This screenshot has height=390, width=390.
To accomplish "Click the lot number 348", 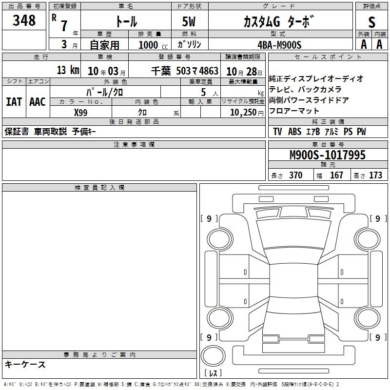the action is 24,20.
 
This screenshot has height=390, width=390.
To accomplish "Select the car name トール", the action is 126,21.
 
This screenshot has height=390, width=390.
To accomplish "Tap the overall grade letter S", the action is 371,22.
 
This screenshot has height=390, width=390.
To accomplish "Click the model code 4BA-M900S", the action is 279,45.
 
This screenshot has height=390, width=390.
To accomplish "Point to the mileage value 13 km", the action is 68,70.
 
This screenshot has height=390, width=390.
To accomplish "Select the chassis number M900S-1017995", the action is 328,155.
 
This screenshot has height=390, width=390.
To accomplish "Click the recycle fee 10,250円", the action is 247,113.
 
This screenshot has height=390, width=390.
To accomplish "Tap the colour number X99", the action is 80,113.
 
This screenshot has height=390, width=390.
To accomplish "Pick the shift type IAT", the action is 14,102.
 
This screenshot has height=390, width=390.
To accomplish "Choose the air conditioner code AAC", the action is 38,102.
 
